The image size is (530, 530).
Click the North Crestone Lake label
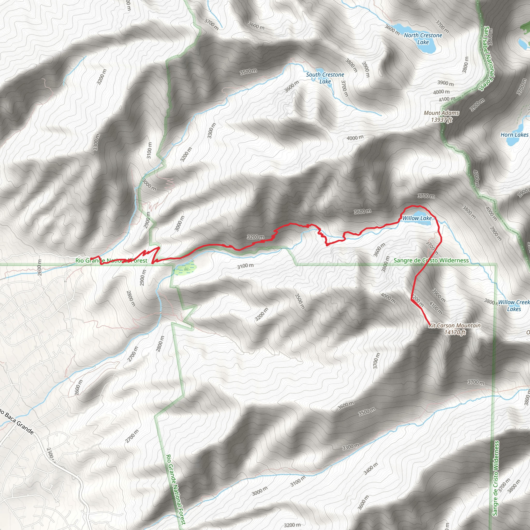[423, 39]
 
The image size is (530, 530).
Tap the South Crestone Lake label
[325, 78]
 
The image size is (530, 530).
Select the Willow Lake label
[417, 218]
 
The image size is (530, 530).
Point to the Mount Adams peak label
[441, 113]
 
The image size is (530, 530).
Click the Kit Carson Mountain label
[454, 325]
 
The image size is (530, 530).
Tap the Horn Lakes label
[514, 135]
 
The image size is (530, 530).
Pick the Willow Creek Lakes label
[513, 305]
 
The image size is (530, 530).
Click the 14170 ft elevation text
[455, 333]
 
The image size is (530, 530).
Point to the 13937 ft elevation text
[441, 120]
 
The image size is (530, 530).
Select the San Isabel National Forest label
[487, 59]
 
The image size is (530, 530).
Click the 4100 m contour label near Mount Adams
[447, 99]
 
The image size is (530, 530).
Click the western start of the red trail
[91, 259]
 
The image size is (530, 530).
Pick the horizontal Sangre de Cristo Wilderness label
[431, 260]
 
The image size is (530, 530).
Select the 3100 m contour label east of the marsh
[246, 266]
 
